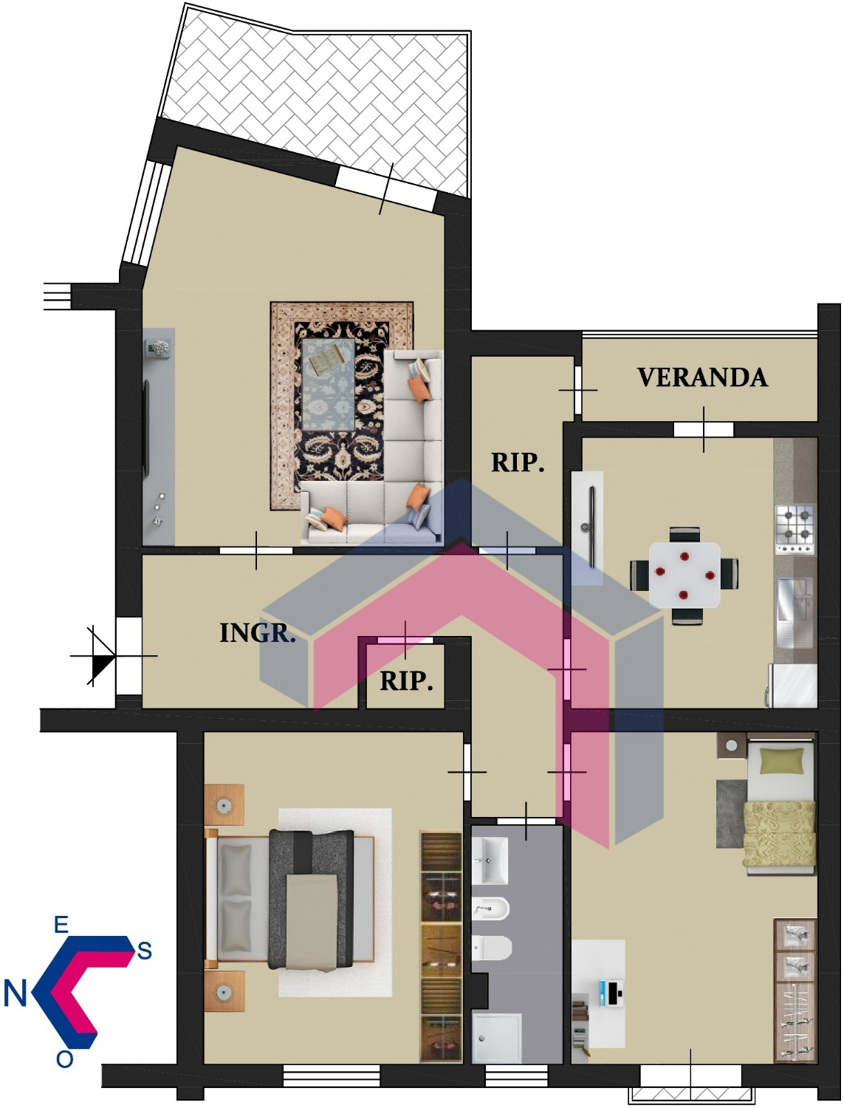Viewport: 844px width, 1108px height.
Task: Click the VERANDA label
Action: click(x=701, y=377)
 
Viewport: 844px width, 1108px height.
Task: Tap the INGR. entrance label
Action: click(x=257, y=633)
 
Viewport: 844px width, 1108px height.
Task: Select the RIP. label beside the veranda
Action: click(x=518, y=462)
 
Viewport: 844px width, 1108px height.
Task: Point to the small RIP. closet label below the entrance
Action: click(x=406, y=681)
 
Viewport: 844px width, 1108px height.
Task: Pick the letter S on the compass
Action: click(x=144, y=951)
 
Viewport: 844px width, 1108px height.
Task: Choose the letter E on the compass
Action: click(x=61, y=925)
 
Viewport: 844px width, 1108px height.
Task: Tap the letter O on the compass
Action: click(x=64, y=1059)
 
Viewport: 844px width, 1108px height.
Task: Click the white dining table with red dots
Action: click(x=684, y=575)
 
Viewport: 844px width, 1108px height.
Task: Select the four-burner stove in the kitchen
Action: click(x=795, y=529)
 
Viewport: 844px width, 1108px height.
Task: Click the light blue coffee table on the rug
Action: click(x=328, y=384)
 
